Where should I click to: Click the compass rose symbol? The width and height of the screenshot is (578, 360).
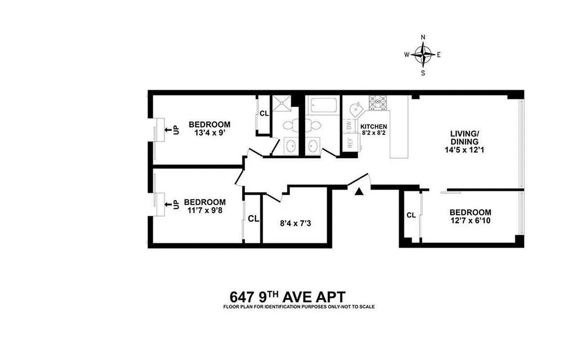(423, 54)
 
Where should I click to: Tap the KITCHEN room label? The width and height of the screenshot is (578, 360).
(374, 126)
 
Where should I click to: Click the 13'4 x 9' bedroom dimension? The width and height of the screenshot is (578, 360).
(210, 133)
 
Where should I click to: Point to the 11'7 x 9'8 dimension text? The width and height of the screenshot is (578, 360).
(205, 210)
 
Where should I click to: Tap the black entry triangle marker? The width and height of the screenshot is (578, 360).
(358, 191)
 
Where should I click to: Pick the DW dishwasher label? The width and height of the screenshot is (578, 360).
(349, 125)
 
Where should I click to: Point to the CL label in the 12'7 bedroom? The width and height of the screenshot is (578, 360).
(411, 215)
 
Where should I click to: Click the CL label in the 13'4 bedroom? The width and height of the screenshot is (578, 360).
(264, 113)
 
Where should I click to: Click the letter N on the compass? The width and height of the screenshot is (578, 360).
(423, 37)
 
